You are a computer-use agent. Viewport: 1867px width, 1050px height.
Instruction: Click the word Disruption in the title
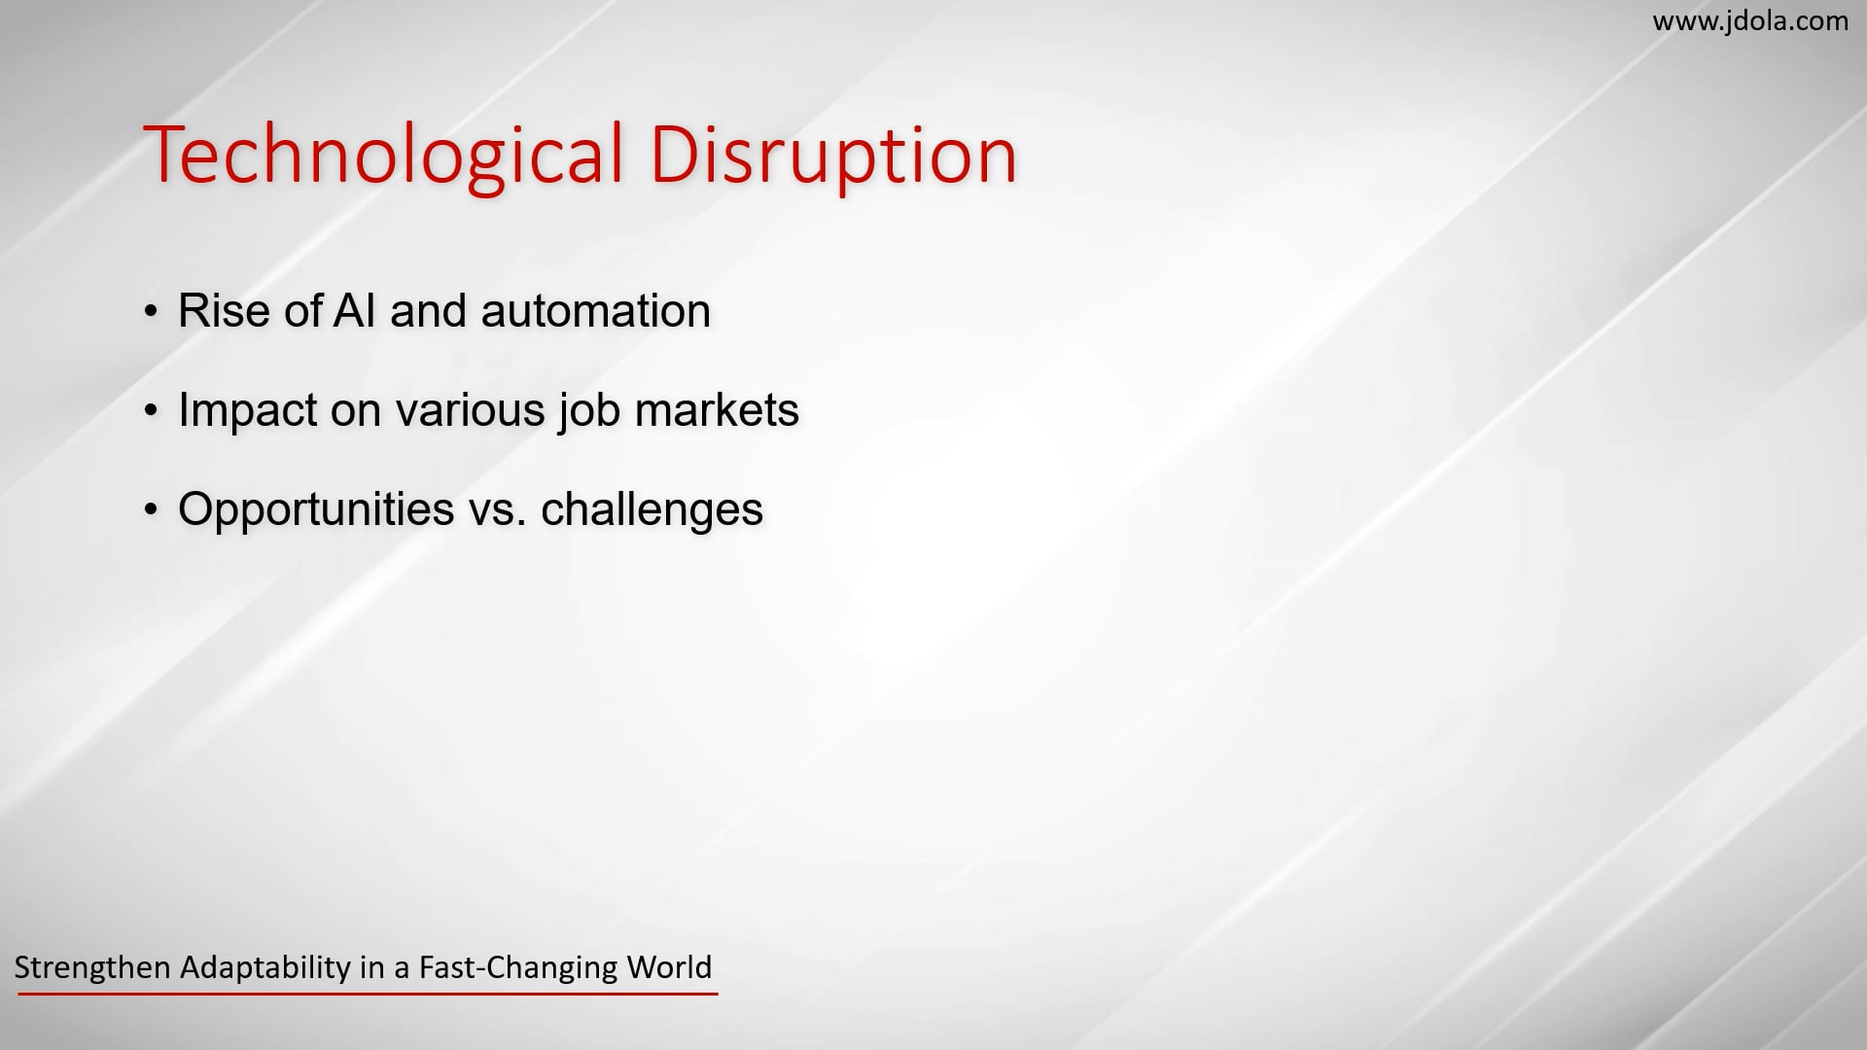coord(832,156)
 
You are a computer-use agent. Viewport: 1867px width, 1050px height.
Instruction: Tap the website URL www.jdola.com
coord(1750,20)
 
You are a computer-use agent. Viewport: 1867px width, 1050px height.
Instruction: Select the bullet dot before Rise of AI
coord(150,312)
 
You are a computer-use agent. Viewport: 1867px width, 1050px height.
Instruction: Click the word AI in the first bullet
coord(354,311)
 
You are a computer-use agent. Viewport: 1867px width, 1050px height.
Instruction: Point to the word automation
coord(596,311)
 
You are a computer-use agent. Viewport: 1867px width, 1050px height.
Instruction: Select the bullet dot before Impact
coord(150,411)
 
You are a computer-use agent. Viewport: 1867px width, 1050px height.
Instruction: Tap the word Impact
coord(247,411)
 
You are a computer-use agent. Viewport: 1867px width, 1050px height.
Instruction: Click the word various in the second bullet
coord(470,410)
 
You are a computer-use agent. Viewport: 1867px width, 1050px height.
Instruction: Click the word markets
coord(717,410)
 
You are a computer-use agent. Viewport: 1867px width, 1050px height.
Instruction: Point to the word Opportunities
coord(316,509)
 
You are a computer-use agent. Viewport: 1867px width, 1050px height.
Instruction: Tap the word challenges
coord(652,509)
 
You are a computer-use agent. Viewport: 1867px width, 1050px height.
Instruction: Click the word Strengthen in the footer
coord(93,968)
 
